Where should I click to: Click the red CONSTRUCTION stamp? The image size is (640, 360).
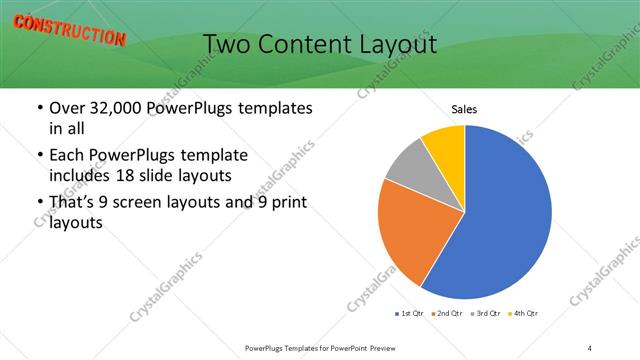69,30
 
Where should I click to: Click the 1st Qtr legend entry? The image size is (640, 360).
409,314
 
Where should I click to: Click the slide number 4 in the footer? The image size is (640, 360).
590,348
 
